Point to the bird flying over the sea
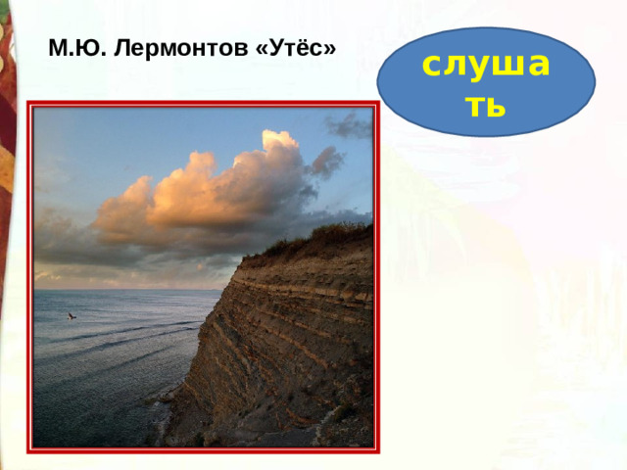(x=71, y=316)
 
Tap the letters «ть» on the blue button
(x=486, y=106)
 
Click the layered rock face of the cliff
(x=284, y=343)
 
